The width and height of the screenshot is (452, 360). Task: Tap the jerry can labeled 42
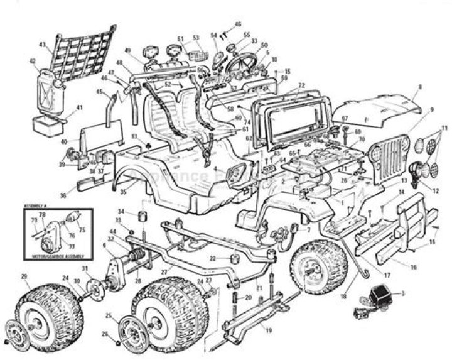coord(48,90)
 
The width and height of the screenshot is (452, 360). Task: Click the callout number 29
coord(24,276)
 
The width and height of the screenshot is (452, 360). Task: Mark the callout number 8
coord(420,86)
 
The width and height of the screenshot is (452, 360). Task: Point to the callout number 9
coord(432,109)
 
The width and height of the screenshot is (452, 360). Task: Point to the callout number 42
coord(32,62)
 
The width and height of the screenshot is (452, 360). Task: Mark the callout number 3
coord(402,293)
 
